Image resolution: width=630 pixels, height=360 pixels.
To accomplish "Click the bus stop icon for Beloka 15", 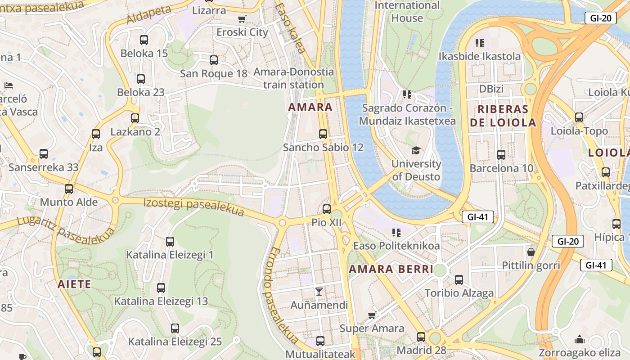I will click(144, 40).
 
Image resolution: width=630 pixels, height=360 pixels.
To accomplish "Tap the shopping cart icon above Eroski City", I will click(242, 19).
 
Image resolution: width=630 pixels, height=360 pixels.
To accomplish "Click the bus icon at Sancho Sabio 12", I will click(323, 134).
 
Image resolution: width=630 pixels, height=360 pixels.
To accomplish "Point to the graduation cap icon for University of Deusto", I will click(415, 150).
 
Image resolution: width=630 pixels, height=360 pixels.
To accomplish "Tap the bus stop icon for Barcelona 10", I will click(501, 155).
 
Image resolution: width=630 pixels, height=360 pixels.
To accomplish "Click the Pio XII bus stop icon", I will click(327, 209).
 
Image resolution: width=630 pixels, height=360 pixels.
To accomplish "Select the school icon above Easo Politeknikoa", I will click(396, 232).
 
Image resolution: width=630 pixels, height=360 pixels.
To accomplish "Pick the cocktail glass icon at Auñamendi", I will click(319, 292).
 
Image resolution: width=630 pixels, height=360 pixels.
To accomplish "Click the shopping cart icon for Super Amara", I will click(372, 315).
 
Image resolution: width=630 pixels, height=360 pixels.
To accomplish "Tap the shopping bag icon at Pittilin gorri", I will click(531, 252).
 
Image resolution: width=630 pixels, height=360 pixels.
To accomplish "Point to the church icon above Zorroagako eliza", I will click(580, 339).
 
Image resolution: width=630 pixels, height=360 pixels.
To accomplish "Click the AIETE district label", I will click(74, 284).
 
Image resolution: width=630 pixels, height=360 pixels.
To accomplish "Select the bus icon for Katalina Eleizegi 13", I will click(161, 288).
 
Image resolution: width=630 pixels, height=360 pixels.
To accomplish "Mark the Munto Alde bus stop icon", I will click(69, 189).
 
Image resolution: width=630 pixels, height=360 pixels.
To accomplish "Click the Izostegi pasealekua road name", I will click(193, 207).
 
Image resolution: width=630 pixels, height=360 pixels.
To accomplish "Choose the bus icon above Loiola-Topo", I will click(579, 117).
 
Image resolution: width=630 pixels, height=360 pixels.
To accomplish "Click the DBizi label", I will click(491, 89).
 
